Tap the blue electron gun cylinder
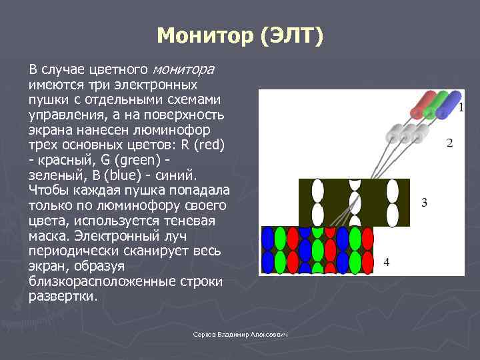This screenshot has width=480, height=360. pyautogui.click(x=450, y=102)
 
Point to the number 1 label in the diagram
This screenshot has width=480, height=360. pyautogui.click(x=461, y=107)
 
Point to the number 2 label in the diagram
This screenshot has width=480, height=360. pyautogui.click(x=449, y=143)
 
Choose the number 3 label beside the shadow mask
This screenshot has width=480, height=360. pyautogui.click(x=424, y=203)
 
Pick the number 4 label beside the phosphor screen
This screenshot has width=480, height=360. pyautogui.click(x=386, y=263)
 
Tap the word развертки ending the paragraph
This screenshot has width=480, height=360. pyautogui.click(x=63, y=297)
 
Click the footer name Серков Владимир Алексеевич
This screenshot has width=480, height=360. pyautogui.click(x=239, y=334)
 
